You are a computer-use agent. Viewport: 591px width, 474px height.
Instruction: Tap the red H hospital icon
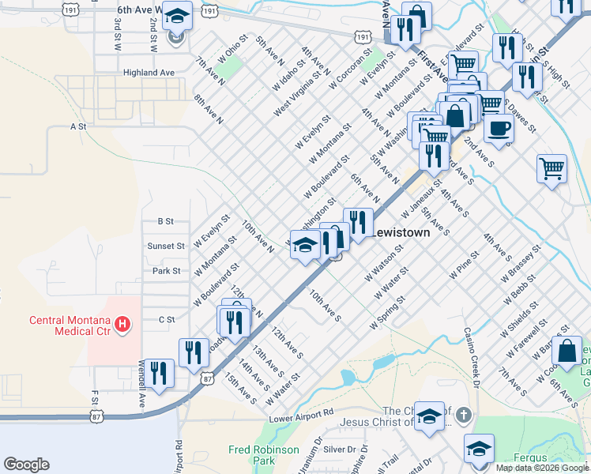(x=122, y=323)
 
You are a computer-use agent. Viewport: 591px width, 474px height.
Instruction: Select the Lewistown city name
(x=400, y=233)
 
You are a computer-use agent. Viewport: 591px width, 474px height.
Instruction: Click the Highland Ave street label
(x=149, y=72)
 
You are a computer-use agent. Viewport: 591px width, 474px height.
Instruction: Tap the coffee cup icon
(x=498, y=127)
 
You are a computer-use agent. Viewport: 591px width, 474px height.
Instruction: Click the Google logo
(x=26, y=465)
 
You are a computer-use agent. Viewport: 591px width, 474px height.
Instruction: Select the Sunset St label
(x=165, y=246)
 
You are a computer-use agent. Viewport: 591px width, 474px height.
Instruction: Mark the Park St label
(x=167, y=271)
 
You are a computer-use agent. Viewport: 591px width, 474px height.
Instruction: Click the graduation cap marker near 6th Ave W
(x=178, y=17)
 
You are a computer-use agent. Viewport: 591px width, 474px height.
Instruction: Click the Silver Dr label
(x=340, y=449)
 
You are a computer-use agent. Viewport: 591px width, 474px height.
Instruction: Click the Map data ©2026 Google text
(x=542, y=468)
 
